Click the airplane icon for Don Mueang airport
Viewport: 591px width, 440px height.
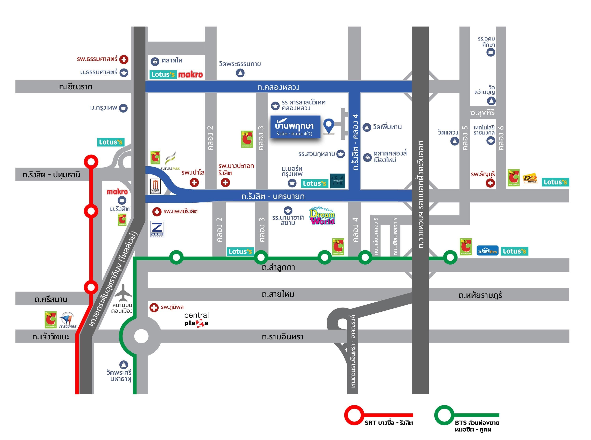tap(123, 293)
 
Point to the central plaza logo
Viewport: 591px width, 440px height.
tap(196, 319)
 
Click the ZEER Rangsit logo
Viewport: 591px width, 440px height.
tap(157, 229)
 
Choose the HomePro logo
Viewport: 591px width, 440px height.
tap(487, 251)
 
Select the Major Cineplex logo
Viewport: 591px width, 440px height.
tap(155, 186)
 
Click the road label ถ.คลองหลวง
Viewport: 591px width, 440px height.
tap(278, 87)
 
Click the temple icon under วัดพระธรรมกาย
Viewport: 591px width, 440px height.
tap(240, 73)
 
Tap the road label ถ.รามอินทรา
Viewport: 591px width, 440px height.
tap(282, 337)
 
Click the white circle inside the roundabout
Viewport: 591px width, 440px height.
tap(141, 336)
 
